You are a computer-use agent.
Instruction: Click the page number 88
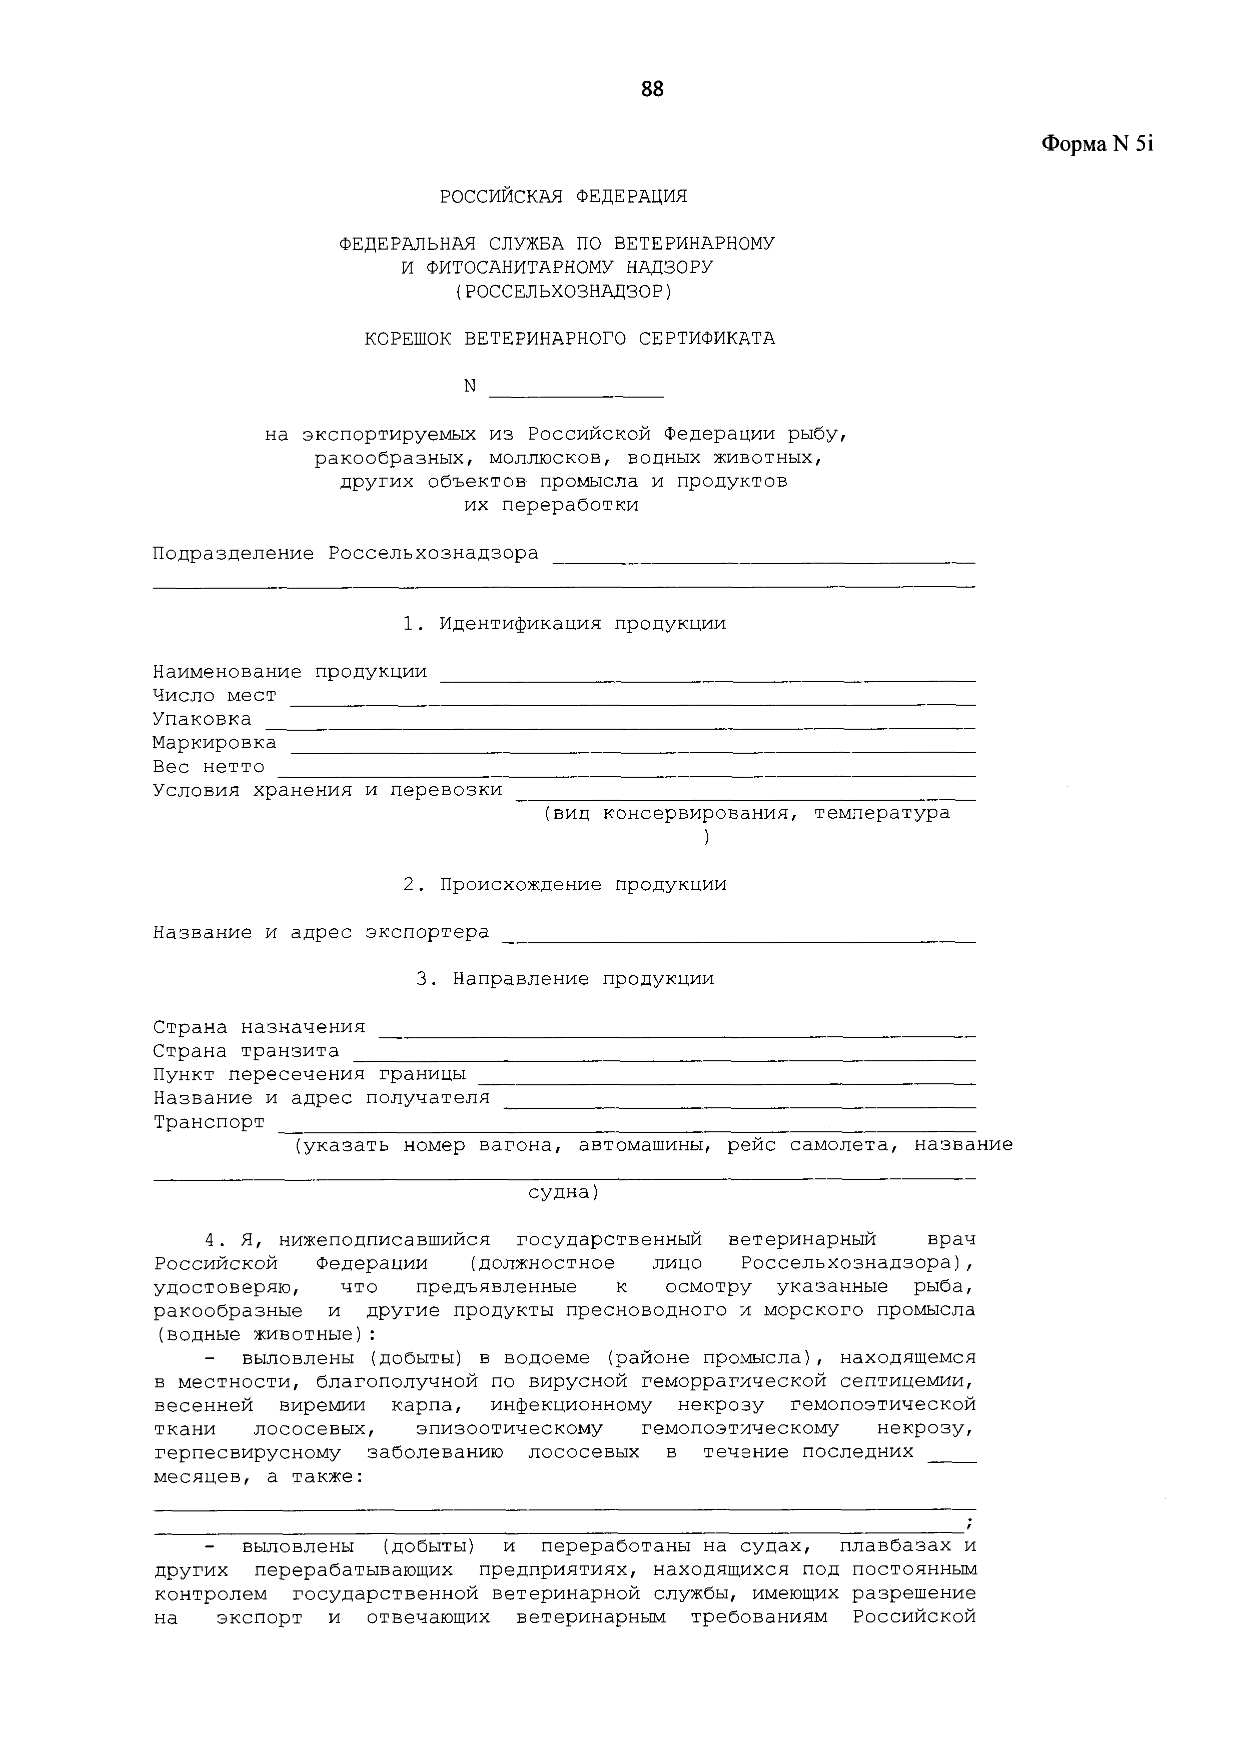[652, 90]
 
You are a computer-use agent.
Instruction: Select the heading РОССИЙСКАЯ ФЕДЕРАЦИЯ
[563, 197]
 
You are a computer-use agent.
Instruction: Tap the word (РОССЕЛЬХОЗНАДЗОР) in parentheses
[563, 291]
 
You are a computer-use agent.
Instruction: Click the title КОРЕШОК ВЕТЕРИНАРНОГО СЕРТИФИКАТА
[569, 339]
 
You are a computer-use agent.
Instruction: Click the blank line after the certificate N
[575, 394]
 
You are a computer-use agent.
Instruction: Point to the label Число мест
[214, 695]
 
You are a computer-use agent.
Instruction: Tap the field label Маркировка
[214, 743]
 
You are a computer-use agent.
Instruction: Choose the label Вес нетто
[208, 766]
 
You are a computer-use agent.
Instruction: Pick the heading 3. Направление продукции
[565, 979]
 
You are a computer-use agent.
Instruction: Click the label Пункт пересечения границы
[310, 1074]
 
